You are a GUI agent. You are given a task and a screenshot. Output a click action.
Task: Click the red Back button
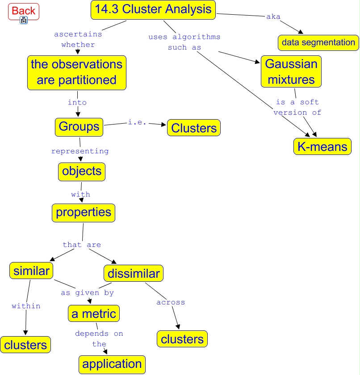pyautogui.click(x=24, y=11)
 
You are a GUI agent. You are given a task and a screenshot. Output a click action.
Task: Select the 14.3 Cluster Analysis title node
pyautogui.click(x=153, y=10)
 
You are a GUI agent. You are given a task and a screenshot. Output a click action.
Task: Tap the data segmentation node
pyautogui.click(x=318, y=43)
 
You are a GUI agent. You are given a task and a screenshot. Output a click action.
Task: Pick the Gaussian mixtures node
pyautogui.click(x=291, y=71)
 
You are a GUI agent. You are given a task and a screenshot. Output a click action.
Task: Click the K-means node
pyautogui.click(x=322, y=146)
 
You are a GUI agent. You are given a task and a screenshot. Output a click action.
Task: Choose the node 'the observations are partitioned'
pyautogui.click(x=76, y=72)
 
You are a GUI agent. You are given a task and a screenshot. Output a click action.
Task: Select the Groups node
pyautogui.click(x=79, y=127)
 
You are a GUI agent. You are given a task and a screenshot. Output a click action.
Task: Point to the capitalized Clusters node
pyautogui.click(x=194, y=128)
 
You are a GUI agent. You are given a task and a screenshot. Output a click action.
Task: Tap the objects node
pyautogui.click(x=82, y=171)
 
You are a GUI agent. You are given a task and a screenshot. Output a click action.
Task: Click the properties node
pyautogui.click(x=83, y=212)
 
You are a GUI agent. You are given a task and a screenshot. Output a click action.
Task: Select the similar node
pyautogui.click(x=31, y=271)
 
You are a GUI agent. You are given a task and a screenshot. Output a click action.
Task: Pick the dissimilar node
pyautogui.click(x=134, y=273)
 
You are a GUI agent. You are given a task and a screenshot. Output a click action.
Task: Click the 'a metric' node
pyautogui.click(x=94, y=314)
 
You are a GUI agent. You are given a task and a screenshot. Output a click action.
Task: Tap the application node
pyautogui.click(x=112, y=364)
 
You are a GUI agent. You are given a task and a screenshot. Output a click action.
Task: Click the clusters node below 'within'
pyautogui.click(x=25, y=345)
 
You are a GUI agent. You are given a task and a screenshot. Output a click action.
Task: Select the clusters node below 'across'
pyautogui.click(x=182, y=339)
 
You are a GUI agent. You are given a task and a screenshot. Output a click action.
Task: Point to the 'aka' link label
pyautogui.click(x=273, y=17)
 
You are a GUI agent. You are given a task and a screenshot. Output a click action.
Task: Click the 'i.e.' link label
pyautogui.click(x=137, y=122)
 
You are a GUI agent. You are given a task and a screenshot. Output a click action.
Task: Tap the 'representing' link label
pyautogui.click(x=80, y=151)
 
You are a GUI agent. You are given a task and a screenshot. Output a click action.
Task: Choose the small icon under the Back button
pyautogui.click(x=24, y=20)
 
